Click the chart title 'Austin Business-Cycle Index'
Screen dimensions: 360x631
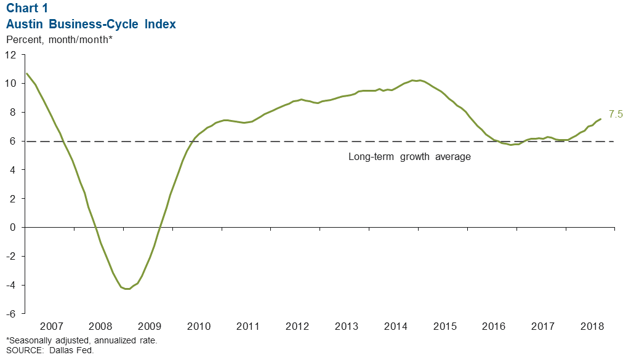(x=91, y=25)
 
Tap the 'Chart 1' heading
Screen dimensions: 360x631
(x=27, y=9)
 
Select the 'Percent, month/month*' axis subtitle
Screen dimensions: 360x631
(x=59, y=40)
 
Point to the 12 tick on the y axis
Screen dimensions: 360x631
(x=11, y=54)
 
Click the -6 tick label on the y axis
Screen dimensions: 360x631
(x=11, y=314)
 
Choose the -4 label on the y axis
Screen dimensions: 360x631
(x=11, y=285)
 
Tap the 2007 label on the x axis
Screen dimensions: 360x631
(x=50, y=326)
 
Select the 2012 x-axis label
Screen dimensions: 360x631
(x=296, y=326)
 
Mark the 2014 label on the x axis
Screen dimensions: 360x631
(x=395, y=326)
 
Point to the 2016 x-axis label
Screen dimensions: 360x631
(x=492, y=326)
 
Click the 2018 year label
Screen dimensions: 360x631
(x=590, y=326)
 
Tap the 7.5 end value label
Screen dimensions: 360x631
(x=616, y=114)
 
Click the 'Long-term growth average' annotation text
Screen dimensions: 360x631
(x=409, y=157)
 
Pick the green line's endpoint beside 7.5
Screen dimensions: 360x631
(x=600, y=119)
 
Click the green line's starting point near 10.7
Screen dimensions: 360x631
(x=26, y=73)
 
